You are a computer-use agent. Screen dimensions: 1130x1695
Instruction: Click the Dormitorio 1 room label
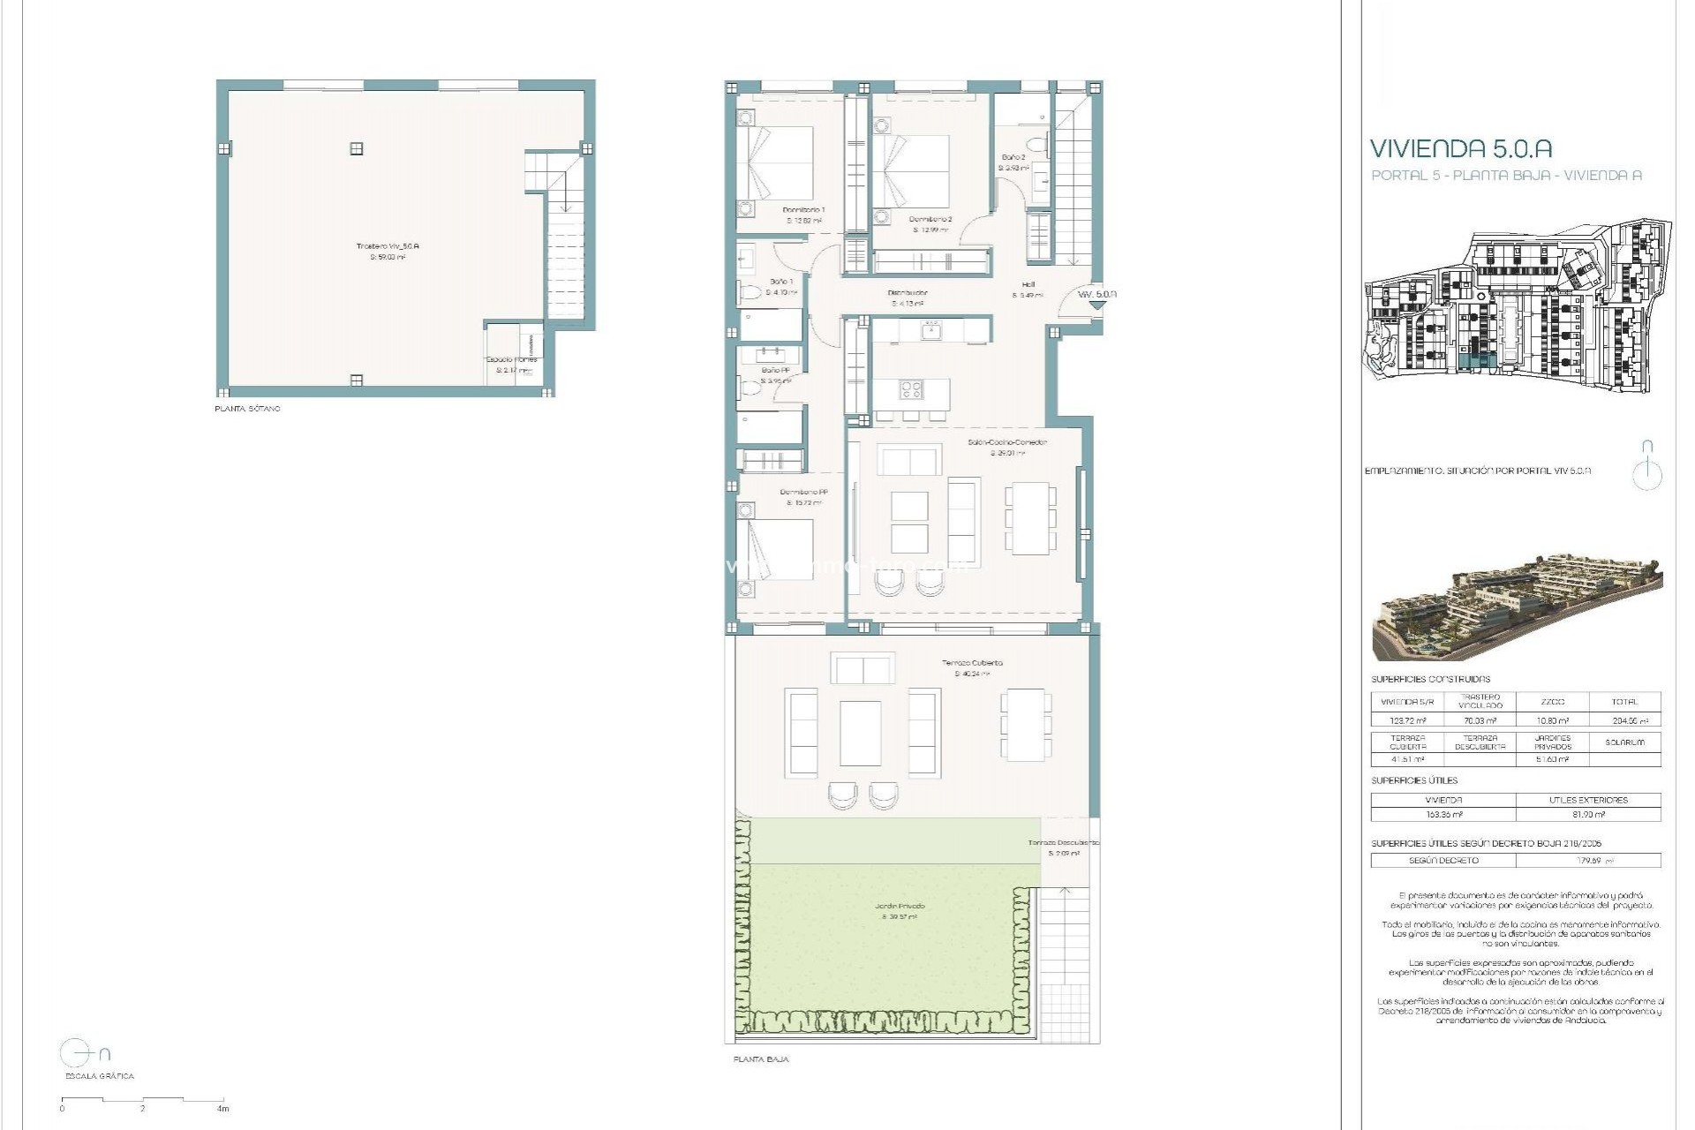coord(803,210)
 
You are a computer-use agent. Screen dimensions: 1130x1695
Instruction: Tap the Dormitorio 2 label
coord(930,219)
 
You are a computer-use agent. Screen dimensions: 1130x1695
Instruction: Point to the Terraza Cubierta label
coord(972,662)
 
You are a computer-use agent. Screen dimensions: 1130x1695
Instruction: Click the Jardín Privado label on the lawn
coord(900,907)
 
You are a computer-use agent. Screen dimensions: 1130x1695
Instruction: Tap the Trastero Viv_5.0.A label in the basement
coord(388,246)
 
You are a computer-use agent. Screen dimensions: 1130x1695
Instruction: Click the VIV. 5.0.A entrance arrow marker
coord(1097,304)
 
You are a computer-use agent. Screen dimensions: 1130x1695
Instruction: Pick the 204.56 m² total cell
coord(1623,720)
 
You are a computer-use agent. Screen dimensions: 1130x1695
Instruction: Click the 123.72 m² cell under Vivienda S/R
coord(1407,720)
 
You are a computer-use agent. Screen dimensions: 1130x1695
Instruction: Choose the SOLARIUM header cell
coord(1623,742)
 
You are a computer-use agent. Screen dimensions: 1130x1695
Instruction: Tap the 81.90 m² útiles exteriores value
coord(1587,815)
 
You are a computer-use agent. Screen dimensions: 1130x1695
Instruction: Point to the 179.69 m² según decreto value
coord(1587,860)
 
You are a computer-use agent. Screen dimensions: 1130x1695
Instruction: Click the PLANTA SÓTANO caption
coord(247,410)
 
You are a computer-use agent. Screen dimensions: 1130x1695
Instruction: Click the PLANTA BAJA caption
coord(761,1059)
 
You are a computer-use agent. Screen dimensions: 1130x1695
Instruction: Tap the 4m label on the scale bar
coord(222,1109)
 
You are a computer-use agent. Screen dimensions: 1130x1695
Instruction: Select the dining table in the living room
coord(1029,517)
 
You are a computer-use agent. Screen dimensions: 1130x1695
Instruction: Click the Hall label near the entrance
coord(1028,284)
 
